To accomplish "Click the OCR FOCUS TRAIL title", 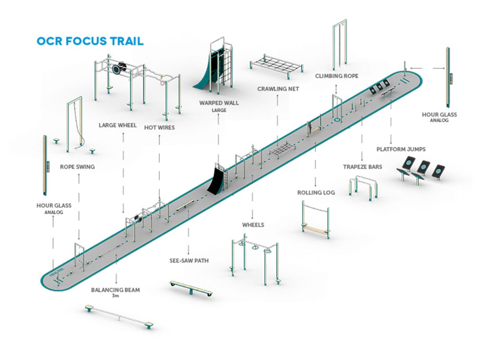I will (x=90, y=41).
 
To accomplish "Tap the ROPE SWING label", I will (x=77, y=167).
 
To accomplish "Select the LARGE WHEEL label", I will (x=118, y=125).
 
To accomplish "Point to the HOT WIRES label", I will (x=159, y=127).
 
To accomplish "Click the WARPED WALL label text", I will (x=219, y=103).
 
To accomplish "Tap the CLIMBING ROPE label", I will (x=337, y=76).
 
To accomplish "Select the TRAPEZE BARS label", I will (x=362, y=167).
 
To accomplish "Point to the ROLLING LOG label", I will (x=315, y=193).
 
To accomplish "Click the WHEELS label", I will (x=253, y=225).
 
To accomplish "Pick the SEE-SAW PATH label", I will (x=189, y=261).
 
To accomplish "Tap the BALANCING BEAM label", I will (x=115, y=290).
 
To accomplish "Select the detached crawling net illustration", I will (x=276, y=64).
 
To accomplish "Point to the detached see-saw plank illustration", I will (x=191, y=288).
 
